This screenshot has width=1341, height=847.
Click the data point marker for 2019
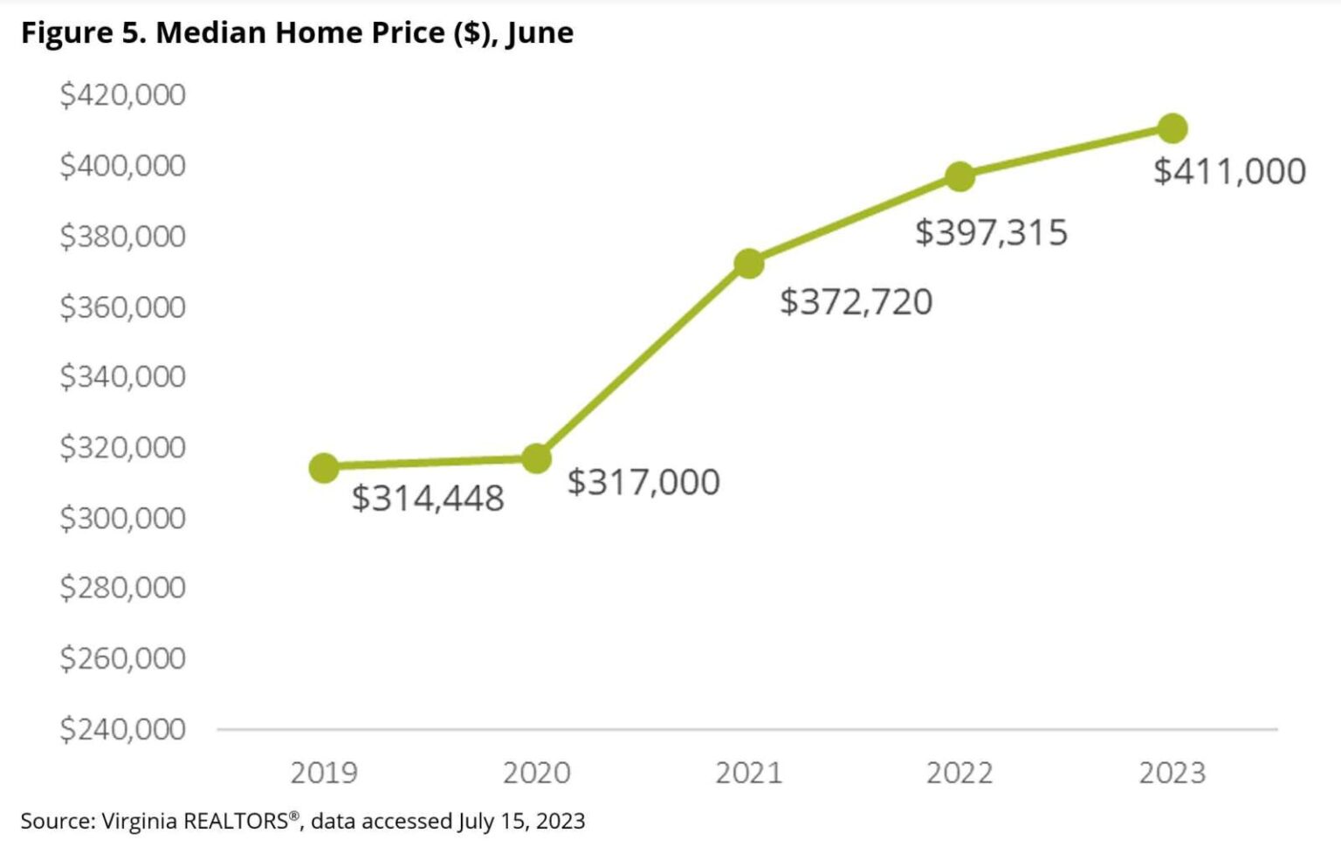point(324,468)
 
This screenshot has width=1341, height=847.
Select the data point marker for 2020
point(536,458)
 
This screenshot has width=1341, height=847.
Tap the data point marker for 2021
point(748,263)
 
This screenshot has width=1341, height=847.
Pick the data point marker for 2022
point(959,176)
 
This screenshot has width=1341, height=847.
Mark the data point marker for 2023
point(1172,128)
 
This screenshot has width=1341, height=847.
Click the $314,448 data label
point(428,499)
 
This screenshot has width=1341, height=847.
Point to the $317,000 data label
point(643,482)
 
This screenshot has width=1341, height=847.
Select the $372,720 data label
point(856,302)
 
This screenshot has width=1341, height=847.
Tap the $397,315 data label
point(991,233)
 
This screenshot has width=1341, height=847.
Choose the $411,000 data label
point(1229,171)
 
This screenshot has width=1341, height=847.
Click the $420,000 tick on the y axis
point(122,94)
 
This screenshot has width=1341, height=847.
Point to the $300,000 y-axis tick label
point(122,518)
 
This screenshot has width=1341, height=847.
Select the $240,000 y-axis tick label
point(122,728)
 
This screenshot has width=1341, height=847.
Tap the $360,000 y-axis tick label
point(122,306)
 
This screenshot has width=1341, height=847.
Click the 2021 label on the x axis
point(748,773)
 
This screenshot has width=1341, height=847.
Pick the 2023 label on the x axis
point(1172,773)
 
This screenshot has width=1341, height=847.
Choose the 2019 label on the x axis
point(324,773)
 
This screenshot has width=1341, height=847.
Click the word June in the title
point(540,33)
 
